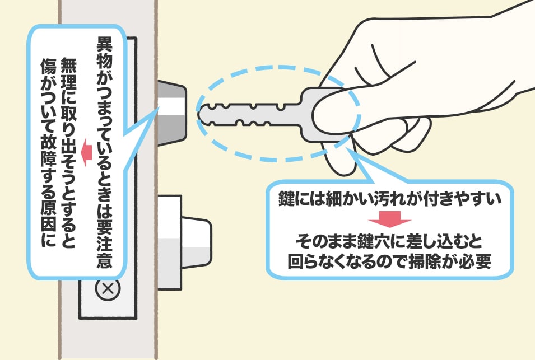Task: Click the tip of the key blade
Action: pyautogui.click(x=198, y=114)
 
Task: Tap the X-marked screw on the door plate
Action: pyautogui.click(x=108, y=289)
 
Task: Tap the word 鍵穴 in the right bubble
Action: pyautogui.click(x=373, y=242)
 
